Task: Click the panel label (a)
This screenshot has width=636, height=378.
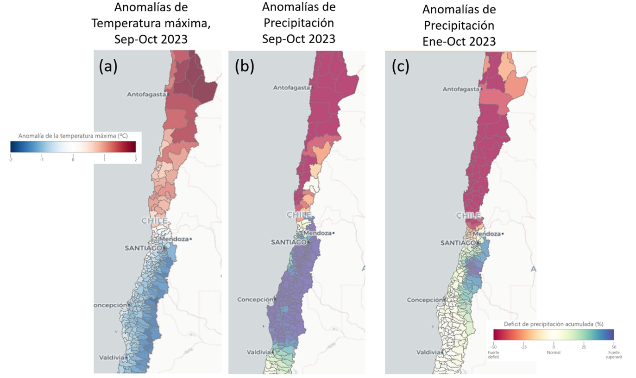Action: (108, 67)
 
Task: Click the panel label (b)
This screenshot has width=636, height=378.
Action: (244, 67)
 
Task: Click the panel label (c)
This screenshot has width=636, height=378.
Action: (401, 67)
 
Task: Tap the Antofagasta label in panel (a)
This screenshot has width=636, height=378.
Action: (146, 94)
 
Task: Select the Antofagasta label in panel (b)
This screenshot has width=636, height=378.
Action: (292, 88)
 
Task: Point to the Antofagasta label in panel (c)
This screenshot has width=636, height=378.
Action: (461, 89)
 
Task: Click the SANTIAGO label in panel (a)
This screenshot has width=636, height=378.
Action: (143, 248)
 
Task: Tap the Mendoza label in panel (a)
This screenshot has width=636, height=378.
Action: (174, 239)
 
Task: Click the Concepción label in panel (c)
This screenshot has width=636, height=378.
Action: (425, 300)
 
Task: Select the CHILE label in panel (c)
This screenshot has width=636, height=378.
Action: (468, 216)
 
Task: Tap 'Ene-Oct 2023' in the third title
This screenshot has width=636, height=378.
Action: (459, 41)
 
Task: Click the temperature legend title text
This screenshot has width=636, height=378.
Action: (73, 136)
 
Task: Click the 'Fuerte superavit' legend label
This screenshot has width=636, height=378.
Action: (613, 355)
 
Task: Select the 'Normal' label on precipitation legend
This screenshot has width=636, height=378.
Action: (554, 353)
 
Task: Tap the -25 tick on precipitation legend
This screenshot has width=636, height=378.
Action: (523, 346)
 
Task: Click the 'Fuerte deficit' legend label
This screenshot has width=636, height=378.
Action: (493, 355)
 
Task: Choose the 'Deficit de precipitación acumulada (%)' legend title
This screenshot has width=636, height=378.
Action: (554, 324)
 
